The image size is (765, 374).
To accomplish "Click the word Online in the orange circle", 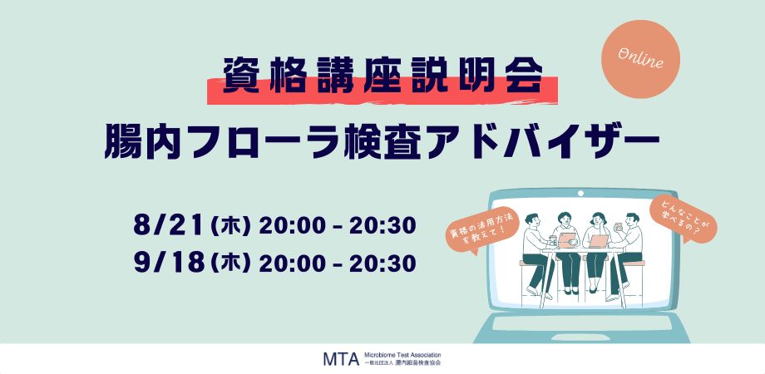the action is click(640, 58).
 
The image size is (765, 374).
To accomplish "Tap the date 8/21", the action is click(168, 225).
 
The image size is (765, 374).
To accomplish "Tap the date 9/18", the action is click(168, 263).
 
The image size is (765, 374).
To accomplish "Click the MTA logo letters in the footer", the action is click(341, 359).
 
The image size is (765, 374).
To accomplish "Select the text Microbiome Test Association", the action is click(402, 355).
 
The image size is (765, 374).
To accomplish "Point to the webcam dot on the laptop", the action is click(580, 193).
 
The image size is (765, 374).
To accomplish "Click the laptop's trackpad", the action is click(580, 337).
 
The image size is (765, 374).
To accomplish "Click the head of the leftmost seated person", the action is click(532, 220).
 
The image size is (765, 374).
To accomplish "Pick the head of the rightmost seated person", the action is click(632, 220).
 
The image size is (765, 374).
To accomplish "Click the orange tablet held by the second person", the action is click(567, 239).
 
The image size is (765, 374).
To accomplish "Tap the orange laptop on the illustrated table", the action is click(600, 241).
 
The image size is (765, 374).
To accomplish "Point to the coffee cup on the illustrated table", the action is click(553, 240).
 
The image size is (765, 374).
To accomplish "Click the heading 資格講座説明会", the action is click(383, 76).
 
